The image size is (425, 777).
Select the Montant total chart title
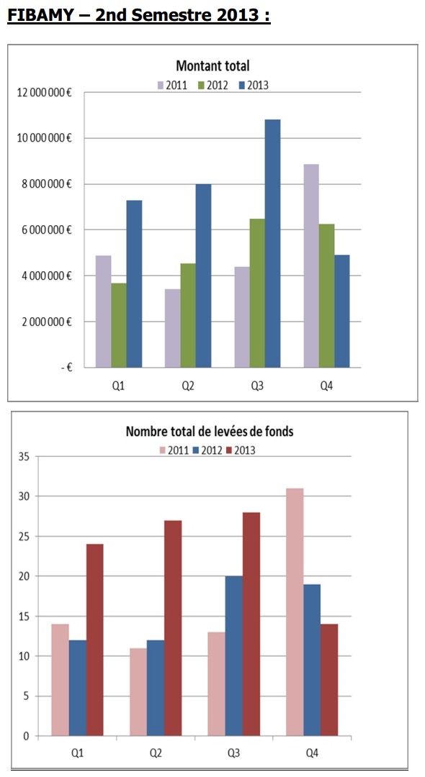(212, 65)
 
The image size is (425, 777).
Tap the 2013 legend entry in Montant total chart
(253, 85)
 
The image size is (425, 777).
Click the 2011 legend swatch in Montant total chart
(161, 85)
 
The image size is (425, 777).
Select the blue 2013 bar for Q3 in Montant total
(272, 243)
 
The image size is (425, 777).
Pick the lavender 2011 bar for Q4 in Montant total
(311, 265)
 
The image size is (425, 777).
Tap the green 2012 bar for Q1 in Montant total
(119, 325)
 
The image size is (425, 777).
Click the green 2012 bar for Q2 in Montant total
(187, 315)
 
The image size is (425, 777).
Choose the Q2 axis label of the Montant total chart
(187, 386)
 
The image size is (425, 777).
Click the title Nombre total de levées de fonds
(210, 431)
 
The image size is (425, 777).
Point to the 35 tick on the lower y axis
(24, 456)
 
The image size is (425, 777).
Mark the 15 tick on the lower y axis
(24, 617)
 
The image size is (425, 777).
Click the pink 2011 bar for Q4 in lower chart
(295, 612)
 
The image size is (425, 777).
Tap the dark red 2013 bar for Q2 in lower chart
(173, 628)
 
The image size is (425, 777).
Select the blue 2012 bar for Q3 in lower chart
(234, 656)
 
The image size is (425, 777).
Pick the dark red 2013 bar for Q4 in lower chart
(329, 680)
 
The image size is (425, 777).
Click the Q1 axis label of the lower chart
(77, 753)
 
